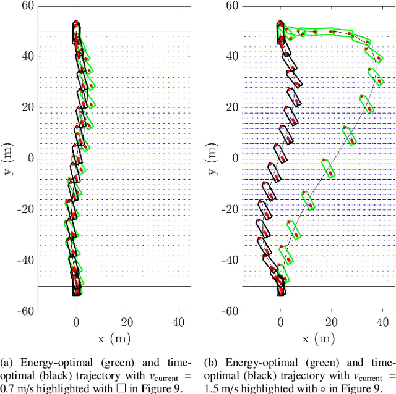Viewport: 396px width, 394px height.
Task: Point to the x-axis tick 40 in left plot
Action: click(x=178, y=322)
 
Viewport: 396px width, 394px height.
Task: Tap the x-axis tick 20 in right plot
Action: click(x=331, y=322)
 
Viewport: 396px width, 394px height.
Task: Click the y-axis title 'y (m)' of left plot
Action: click(x=9, y=159)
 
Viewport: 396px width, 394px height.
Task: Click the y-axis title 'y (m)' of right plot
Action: click(x=213, y=159)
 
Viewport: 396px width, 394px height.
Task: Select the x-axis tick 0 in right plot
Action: click(x=280, y=322)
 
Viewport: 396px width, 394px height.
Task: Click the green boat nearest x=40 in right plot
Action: click(x=374, y=76)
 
